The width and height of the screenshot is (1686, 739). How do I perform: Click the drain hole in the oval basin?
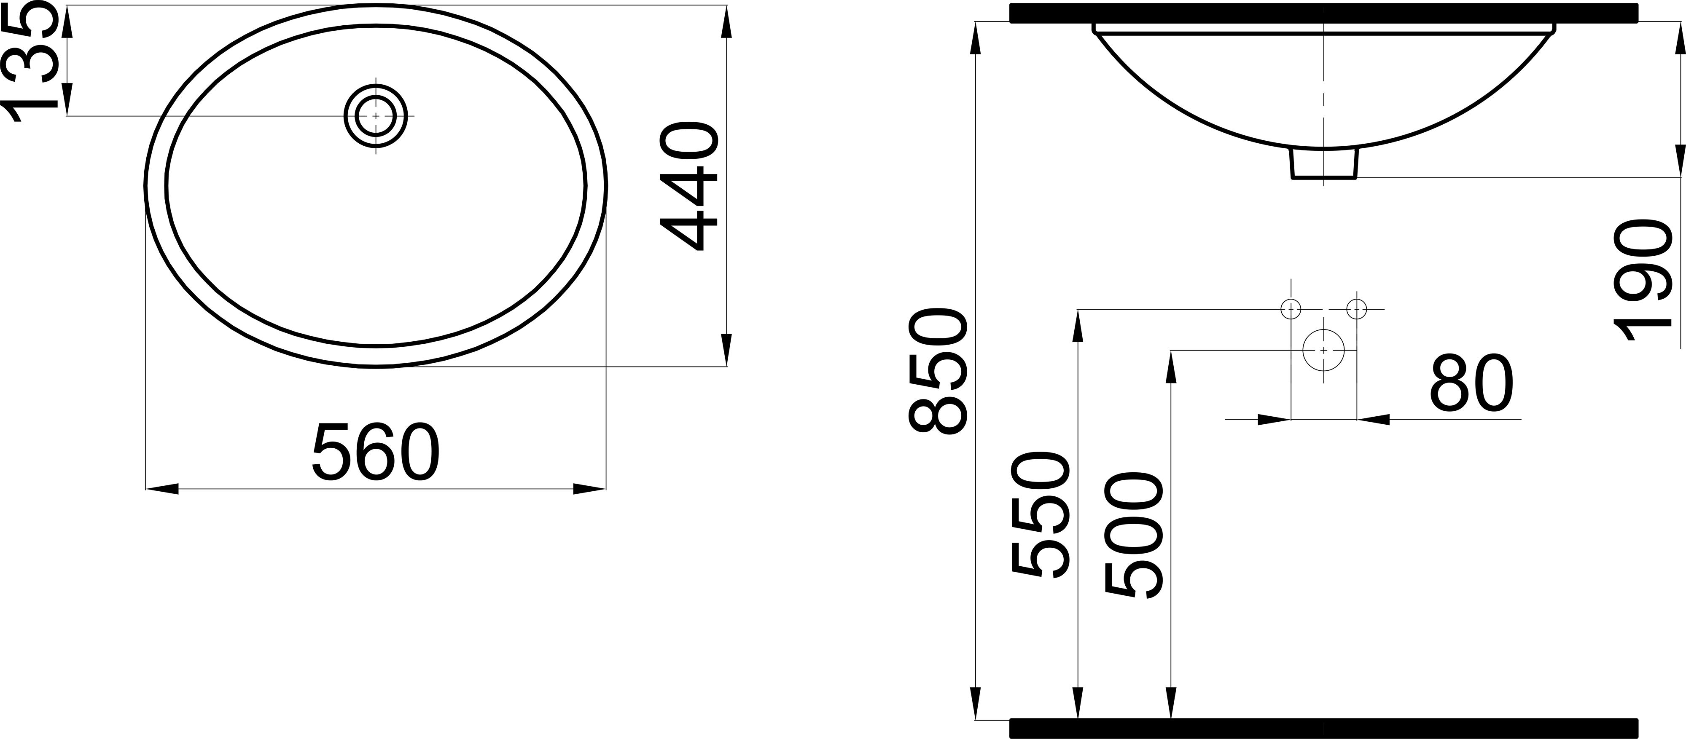pyautogui.click(x=376, y=116)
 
